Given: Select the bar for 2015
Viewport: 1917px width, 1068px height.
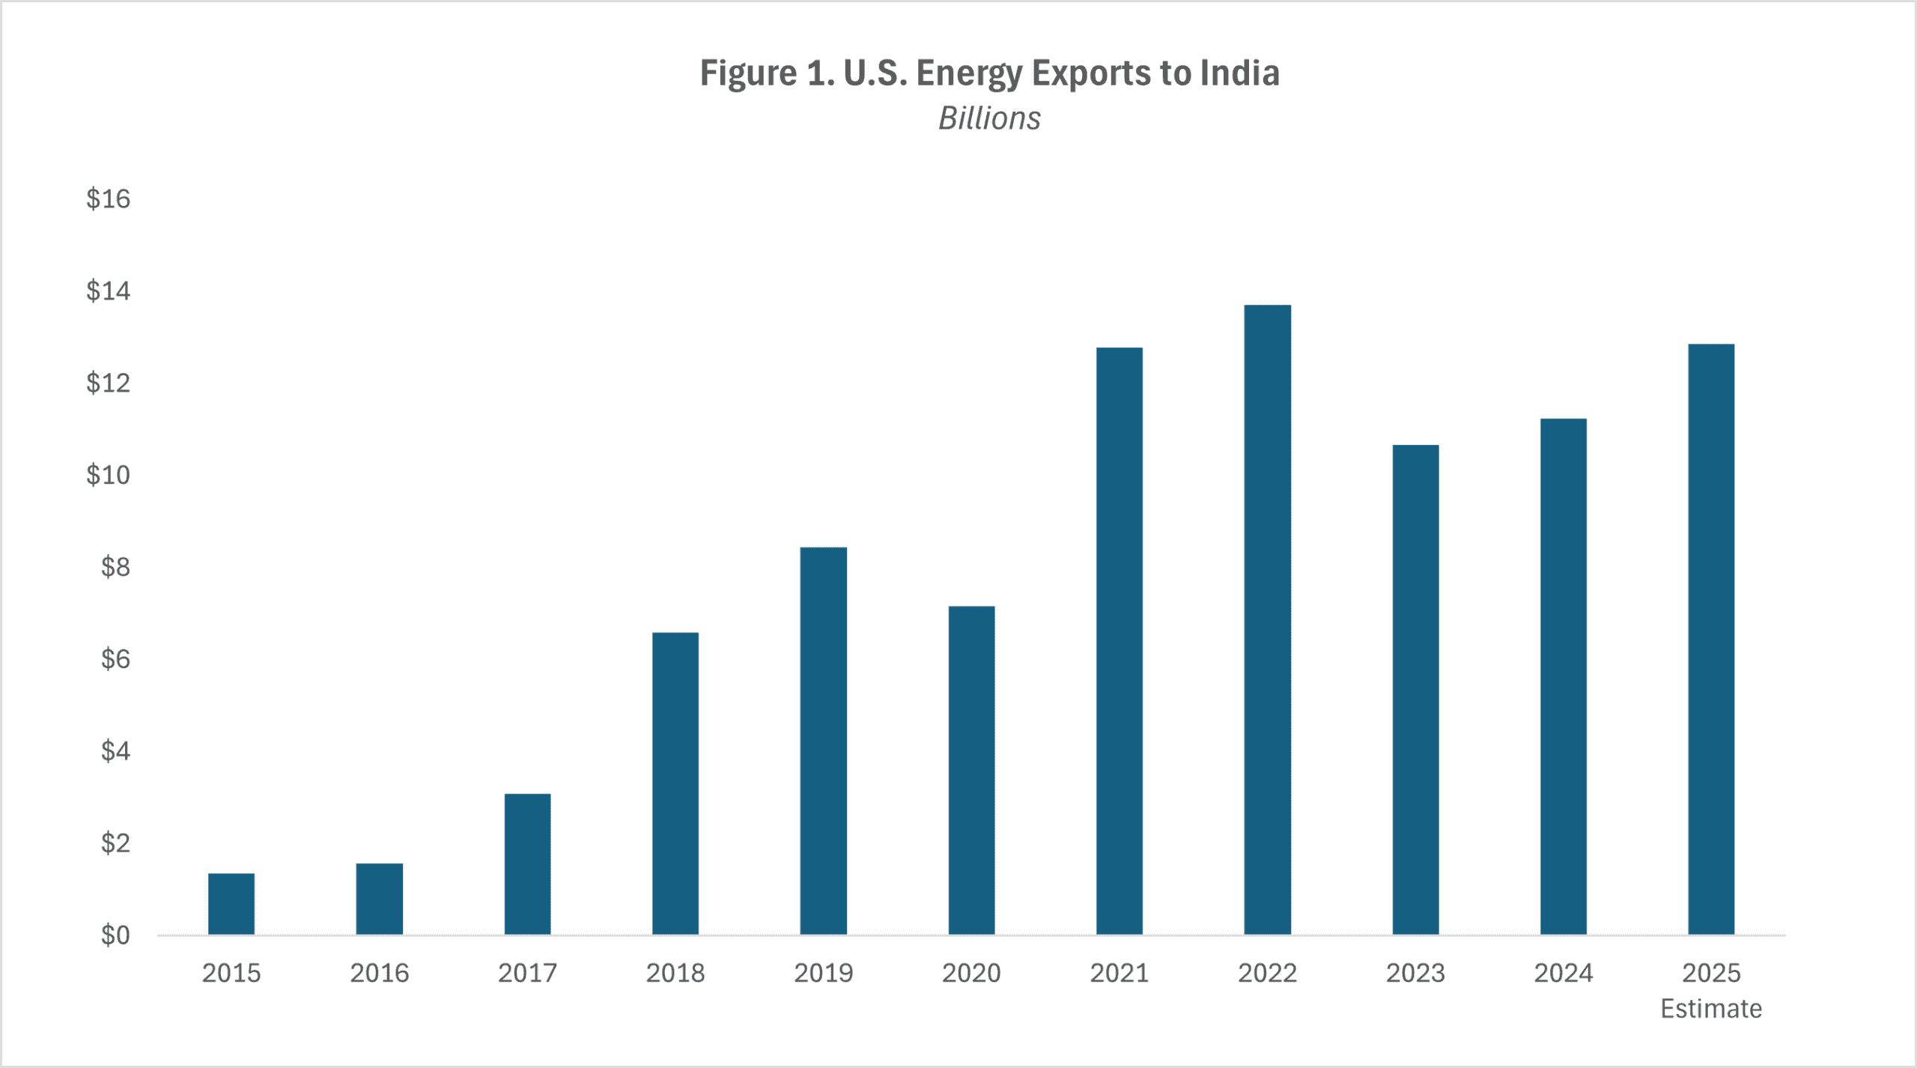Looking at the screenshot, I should click(231, 904).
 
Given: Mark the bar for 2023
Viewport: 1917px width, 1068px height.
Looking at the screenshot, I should click(1415, 689).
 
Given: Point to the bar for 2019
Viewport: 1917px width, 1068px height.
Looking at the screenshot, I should click(823, 741).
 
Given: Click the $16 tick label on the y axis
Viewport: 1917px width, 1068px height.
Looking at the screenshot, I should click(109, 199).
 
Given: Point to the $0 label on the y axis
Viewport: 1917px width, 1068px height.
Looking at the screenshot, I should click(115, 935).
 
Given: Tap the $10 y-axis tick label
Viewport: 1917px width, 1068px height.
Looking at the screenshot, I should click(109, 475).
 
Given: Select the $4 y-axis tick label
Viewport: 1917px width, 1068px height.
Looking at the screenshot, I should click(115, 751).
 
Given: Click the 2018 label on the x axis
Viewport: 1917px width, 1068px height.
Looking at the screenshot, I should click(675, 973).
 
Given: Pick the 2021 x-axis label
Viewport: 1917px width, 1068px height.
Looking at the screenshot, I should click(1119, 973).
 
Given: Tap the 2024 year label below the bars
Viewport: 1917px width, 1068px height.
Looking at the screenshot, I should click(1563, 973).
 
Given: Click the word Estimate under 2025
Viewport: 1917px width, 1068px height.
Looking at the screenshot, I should click(1711, 1009).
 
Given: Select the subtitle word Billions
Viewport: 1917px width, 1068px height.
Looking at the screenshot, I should click(989, 118).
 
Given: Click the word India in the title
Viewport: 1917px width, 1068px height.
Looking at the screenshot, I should click(1239, 73).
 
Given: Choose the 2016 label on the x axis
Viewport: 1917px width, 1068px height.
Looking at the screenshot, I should click(380, 973).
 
